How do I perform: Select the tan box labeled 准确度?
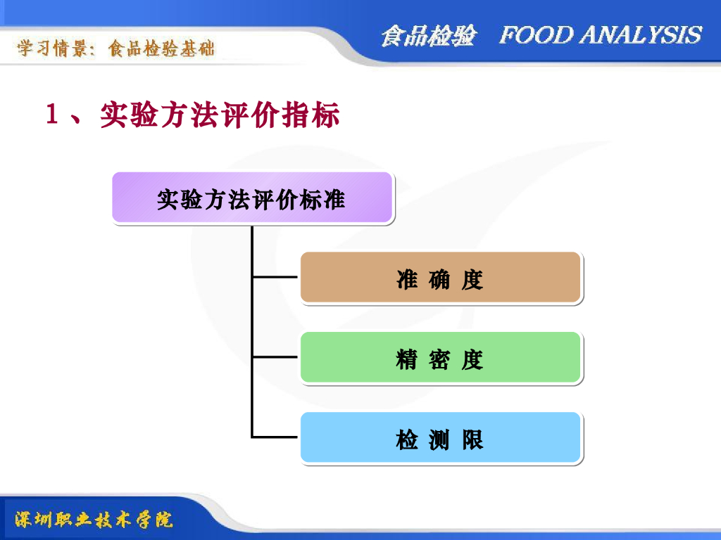click(441, 278)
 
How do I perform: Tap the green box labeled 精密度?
click(441, 358)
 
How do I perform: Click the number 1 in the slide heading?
click(51, 115)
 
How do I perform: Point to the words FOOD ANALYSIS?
click(600, 35)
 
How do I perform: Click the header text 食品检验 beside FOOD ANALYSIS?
click(429, 36)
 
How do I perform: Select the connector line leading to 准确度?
click(275, 277)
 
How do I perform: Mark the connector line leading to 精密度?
click(275, 357)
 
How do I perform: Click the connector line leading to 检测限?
click(275, 437)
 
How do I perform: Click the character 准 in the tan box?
click(407, 280)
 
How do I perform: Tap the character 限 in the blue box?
click(472, 440)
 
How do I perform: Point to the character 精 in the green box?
click(407, 360)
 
